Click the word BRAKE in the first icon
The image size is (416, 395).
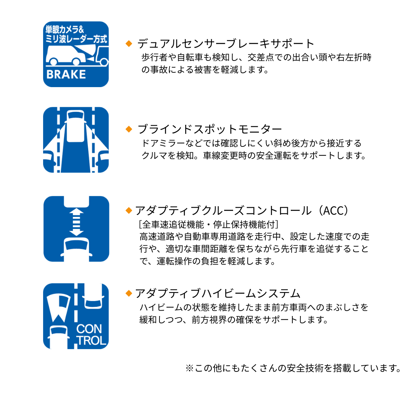(x=66, y=74)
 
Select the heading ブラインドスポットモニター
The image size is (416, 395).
(x=210, y=129)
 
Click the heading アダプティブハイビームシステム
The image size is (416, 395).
(x=218, y=294)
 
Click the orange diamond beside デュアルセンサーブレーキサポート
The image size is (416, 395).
(x=129, y=44)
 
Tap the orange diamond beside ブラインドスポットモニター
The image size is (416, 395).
(x=129, y=129)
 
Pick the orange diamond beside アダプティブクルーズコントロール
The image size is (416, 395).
(x=129, y=211)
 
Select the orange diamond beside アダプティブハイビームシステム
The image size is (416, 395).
(x=129, y=293)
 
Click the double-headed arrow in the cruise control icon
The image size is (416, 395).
(x=76, y=222)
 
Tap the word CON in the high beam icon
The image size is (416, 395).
(x=89, y=329)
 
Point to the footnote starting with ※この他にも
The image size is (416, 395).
(x=294, y=368)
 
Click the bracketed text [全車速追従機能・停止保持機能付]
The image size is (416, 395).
(x=209, y=225)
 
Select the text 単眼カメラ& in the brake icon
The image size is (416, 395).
(x=65, y=29)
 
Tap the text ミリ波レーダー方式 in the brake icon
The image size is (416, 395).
(x=76, y=39)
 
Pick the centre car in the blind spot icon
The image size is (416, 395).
(x=76, y=126)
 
